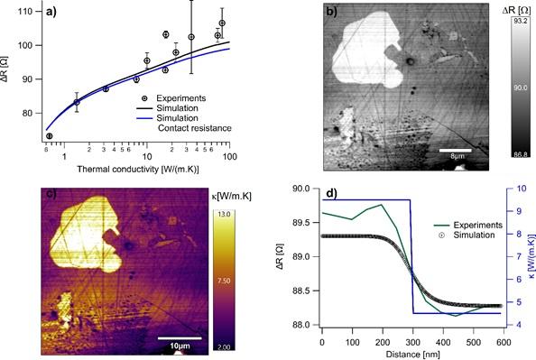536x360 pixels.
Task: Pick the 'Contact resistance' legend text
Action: [195, 128]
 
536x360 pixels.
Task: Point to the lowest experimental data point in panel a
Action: [50, 136]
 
